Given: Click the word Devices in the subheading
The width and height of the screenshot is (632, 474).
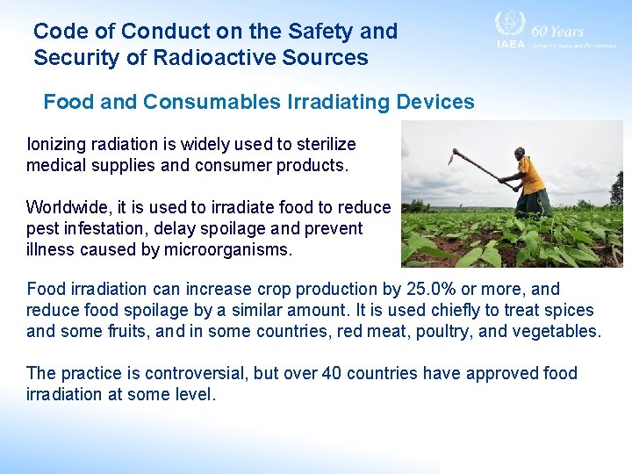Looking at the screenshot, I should [435, 102].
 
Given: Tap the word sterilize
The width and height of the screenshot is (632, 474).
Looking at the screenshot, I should [322, 144].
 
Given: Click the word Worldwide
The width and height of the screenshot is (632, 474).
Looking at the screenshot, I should [67, 207].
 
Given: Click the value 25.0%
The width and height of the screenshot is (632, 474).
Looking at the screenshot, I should [432, 289].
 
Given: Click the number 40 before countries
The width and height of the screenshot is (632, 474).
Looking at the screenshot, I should [332, 373].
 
